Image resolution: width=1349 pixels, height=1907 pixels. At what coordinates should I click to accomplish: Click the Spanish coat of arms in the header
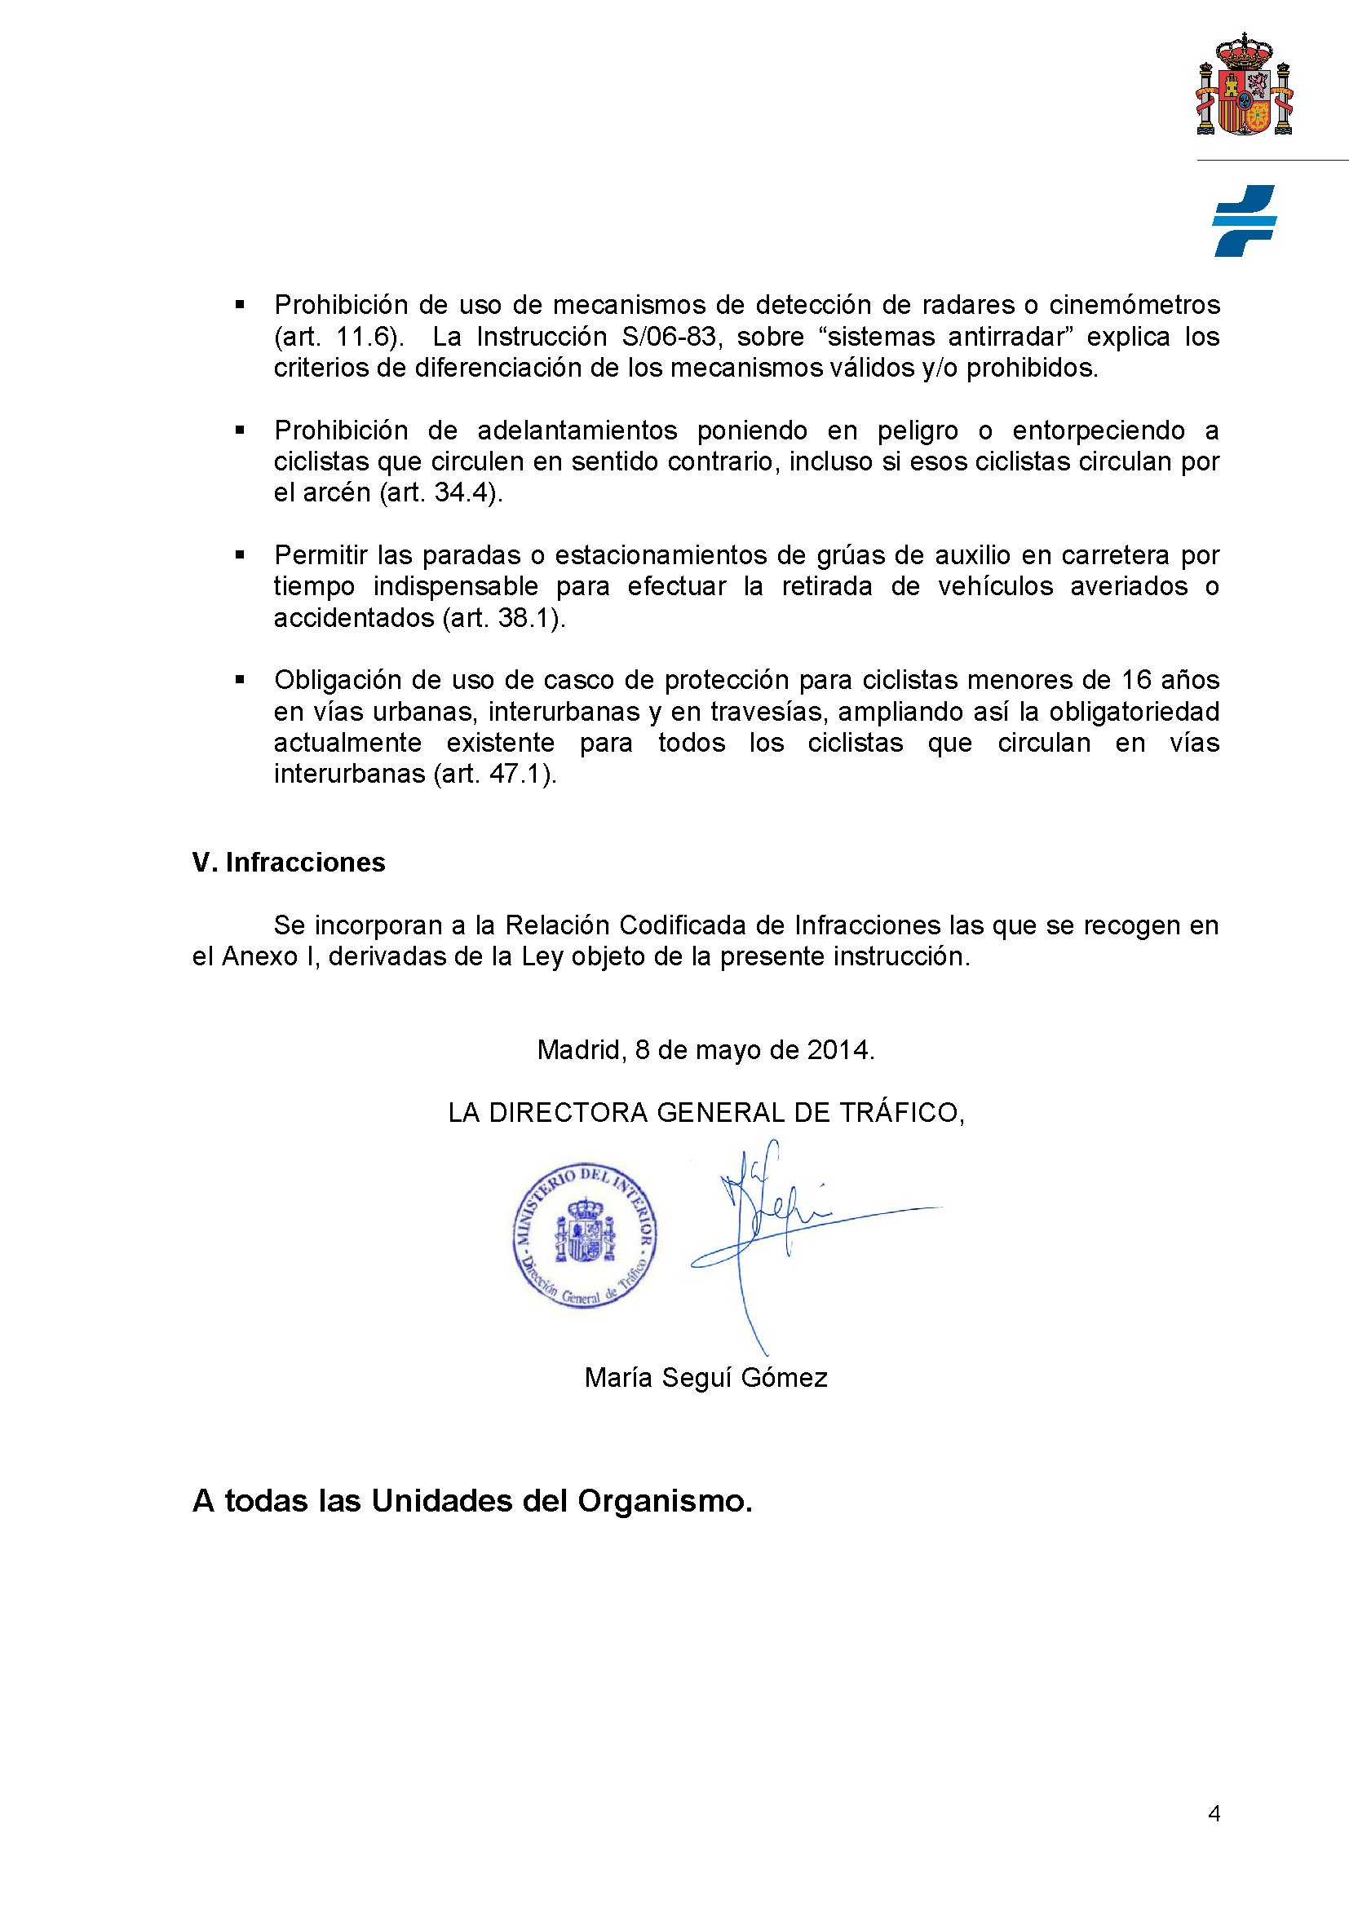[1245, 86]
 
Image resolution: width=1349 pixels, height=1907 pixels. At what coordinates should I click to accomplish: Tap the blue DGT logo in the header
[1244, 221]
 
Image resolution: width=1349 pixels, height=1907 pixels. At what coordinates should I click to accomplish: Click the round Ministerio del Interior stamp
[585, 1235]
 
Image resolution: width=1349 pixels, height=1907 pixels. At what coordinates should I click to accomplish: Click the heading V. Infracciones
[288, 862]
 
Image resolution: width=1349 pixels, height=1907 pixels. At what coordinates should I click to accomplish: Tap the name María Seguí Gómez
[705, 1378]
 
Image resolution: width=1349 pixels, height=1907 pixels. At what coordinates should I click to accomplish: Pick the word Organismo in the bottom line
[664, 1501]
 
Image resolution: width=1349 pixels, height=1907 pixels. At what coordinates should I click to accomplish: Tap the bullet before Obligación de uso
[240, 679]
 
